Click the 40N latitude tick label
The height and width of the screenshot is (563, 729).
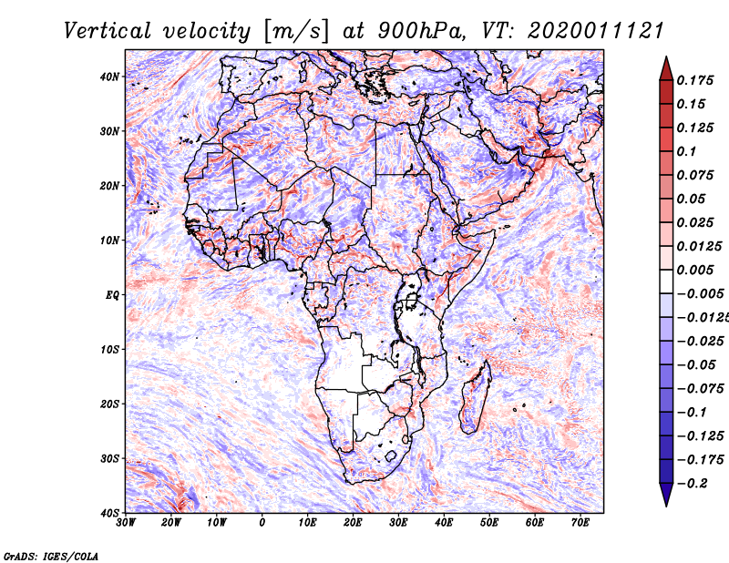tap(109, 77)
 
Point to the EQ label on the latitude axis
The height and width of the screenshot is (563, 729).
tap(112, 295)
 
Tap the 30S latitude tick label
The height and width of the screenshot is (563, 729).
tap(109, 459)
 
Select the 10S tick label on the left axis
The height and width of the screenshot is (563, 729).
tap(109, 350)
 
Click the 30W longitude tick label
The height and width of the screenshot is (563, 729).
tap(126, 523)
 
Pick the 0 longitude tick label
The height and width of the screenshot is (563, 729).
tap(262, 523)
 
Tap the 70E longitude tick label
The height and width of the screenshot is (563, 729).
tap(580, 523)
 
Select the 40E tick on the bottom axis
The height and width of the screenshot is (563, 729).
tap(444, 523)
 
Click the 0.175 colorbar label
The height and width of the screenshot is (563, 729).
tap(695, 80)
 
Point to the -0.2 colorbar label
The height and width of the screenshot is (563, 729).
tap(693, 483)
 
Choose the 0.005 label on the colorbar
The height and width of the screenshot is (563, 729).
tap(695, 270)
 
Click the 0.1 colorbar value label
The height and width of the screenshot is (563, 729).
tap(687, 151)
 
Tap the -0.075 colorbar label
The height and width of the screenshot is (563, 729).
tap(701, 389)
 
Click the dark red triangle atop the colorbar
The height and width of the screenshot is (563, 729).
tap(666, 70)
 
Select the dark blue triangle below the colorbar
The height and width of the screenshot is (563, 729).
tap(666, 494)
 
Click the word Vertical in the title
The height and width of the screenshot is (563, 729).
tap(108, 31)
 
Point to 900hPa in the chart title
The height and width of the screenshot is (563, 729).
tap(421, 31)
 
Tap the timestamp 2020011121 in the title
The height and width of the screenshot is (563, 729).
tap(596, 31)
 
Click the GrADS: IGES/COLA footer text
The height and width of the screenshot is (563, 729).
tap(51, 557)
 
